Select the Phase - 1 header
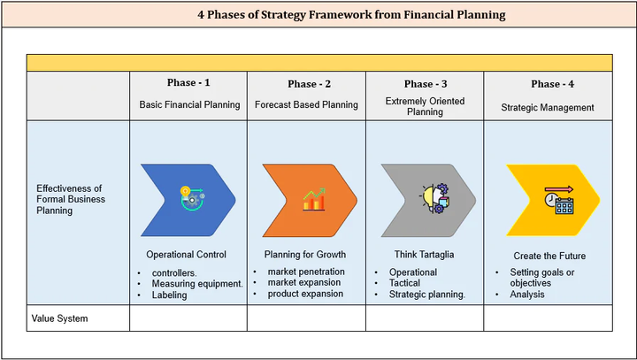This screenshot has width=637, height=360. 188,83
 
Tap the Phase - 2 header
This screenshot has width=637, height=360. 309,84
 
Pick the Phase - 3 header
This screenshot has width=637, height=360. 426,84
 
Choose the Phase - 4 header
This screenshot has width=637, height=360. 553,84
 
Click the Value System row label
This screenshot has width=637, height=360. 60,318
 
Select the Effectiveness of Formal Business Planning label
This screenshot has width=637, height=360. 71,199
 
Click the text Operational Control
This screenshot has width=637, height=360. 186,255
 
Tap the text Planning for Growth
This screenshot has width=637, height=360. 305,255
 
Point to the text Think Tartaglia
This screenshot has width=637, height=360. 425,255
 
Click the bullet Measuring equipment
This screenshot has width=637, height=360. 197,284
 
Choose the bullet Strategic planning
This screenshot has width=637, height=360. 427,295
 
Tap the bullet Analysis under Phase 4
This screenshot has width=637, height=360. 527,295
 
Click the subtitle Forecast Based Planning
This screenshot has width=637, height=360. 306,104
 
